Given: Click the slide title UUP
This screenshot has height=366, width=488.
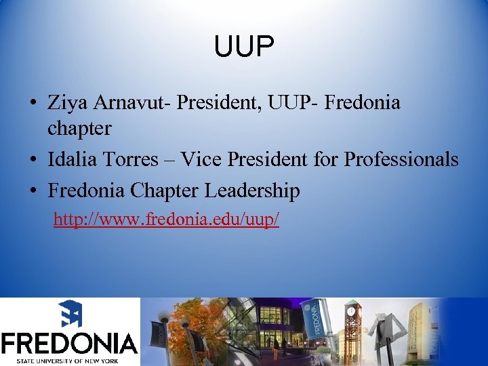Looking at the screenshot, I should tap(244, 47).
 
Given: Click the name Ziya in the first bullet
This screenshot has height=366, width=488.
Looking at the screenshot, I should tap(66, 103).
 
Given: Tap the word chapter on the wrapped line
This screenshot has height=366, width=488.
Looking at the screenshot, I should tap(79, 127).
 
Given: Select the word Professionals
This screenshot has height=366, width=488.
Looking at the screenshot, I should tap(401, 159).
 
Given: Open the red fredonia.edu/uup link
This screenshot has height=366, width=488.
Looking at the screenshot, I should tap(166, 220).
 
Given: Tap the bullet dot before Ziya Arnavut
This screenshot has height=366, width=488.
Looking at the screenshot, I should tap(33, 104).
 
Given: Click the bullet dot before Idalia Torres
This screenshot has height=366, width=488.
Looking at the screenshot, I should tap(33, 160).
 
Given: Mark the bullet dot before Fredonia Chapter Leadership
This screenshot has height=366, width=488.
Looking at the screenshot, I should tap(33, 192).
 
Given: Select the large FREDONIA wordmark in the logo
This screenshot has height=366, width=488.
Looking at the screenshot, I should tap(69, 342).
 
